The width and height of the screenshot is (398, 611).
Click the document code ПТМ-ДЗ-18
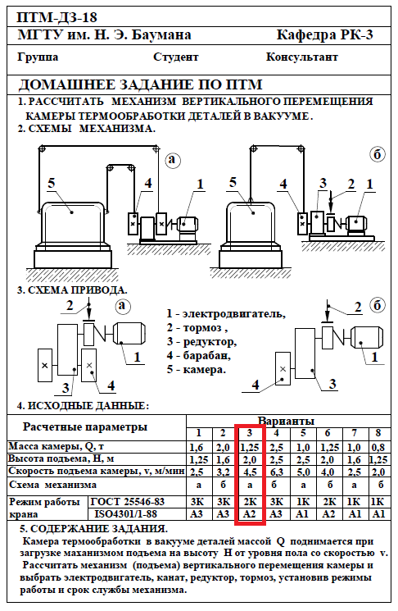[57, 17]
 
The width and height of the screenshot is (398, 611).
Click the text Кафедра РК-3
[324, 35]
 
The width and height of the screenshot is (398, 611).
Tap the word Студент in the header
[176, 57]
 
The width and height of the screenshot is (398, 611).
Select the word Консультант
[302, 57]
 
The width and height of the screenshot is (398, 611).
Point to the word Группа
[38, 57]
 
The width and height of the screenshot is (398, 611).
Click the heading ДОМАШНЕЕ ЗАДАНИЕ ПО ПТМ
[141, 84]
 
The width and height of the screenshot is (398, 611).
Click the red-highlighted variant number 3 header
[250, 433]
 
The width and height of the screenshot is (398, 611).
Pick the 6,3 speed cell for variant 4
[276, 472]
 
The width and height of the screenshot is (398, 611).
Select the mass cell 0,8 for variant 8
[378, 448]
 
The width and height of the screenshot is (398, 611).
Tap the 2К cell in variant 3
[250, 502]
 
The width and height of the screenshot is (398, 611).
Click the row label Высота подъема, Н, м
[61, 459]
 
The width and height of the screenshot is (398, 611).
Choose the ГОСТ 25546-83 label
[127, 502]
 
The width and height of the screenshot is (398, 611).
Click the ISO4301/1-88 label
[125, 514]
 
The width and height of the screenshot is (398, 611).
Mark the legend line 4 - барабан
[199, 356]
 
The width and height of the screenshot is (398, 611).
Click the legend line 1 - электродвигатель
[226, 313]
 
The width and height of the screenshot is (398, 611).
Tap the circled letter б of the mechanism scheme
[377, 155]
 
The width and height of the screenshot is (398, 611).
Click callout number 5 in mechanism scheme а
[52, 183]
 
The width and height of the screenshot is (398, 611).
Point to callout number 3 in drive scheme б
[332, 384]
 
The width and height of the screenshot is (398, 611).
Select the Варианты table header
[286, 422]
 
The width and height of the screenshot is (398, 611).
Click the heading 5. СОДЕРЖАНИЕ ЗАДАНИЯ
[94, 529]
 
